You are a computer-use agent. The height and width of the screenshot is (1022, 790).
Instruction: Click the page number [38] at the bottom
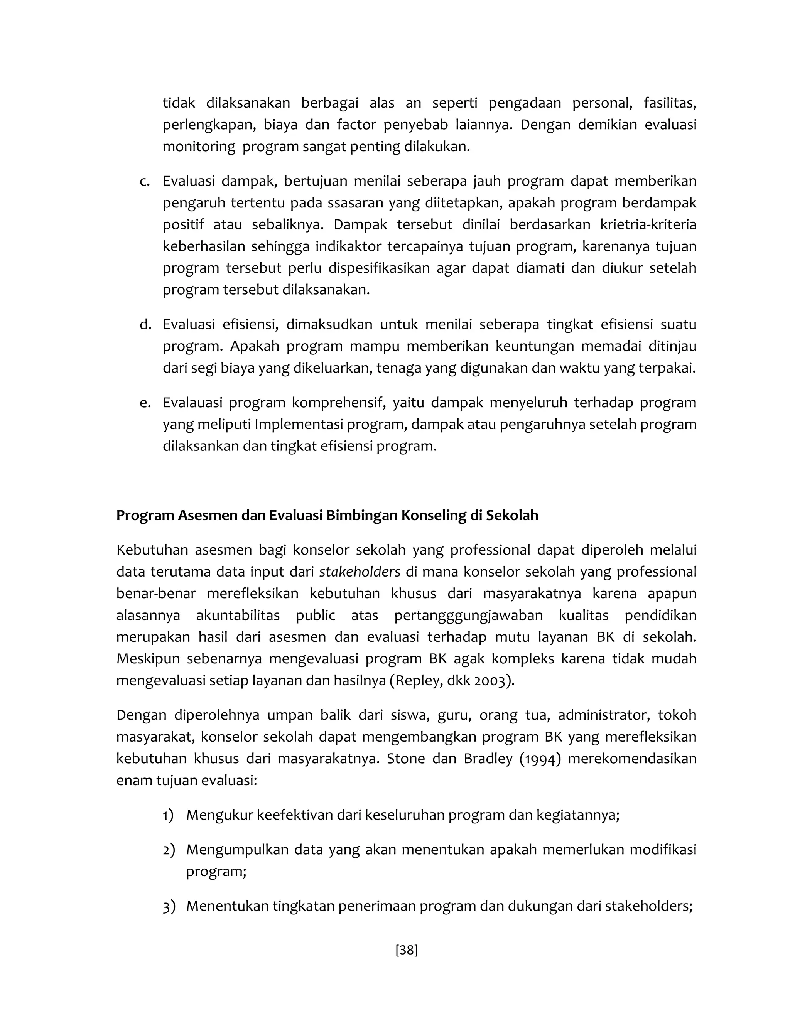(x=406, y=950)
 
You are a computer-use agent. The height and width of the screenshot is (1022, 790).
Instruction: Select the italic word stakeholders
(x=360, y=572)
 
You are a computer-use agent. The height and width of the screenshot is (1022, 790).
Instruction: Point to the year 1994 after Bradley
(x=540, y=759)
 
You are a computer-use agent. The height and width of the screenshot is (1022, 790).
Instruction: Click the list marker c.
(x=145, y=181)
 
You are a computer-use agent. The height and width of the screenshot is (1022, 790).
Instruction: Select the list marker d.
(x=145, y=324)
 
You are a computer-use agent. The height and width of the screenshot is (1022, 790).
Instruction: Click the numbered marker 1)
(x=168, y=815)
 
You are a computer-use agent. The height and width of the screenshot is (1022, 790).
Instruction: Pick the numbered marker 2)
(x=169, y=849)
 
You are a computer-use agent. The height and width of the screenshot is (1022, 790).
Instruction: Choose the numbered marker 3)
(x=169, y=906)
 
